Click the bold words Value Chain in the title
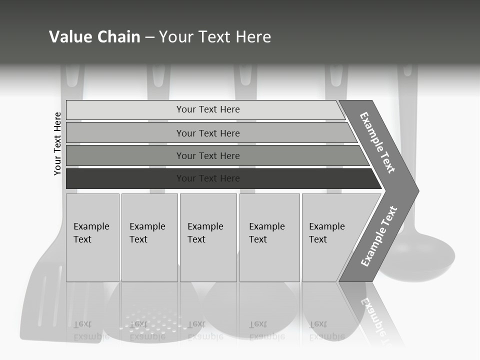click(x=94, y=37)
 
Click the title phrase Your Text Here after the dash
click(x=215, y=37)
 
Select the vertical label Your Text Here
click(x=57, y=143)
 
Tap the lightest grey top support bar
click(x=205, y=109)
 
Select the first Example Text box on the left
click(x=92, y=237)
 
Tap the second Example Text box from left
click(x=149, y=237)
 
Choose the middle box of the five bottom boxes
click(x=208, y=237)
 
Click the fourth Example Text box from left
click(x=269, y=237)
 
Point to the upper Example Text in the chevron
click(x=377, y=142)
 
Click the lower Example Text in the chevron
click(x=379, y=236)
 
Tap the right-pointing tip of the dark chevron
click(x=415, y=190)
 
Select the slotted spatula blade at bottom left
click(x=42, y=305)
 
